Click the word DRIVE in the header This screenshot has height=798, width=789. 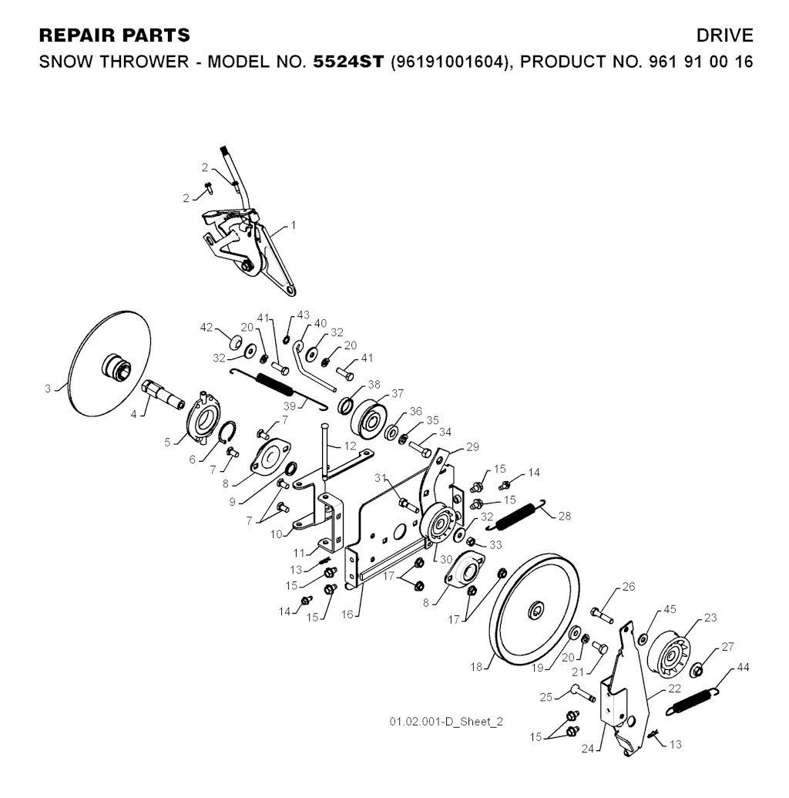click(x=724, y=36)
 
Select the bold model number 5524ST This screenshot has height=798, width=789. click(x=347, y=61)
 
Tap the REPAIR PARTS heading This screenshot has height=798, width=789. click(x=114, y=36)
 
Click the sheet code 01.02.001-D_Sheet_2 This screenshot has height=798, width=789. click(x=446, y=722)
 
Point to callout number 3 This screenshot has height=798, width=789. click(x=48, y=389)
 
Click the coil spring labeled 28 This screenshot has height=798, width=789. click(x=521, y=515)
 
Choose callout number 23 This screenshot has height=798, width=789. click(x=710, y=617)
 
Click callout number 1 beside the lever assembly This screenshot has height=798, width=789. click(x=294, y=226)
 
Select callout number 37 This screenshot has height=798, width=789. click(x=397, y=394)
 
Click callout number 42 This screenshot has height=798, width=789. click(x=206, y=327)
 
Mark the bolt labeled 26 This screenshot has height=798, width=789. click(x=600, y=614)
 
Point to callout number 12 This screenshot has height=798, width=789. click(x=350, y=446)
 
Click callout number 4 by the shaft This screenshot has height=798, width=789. click(x=133, y=414)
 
